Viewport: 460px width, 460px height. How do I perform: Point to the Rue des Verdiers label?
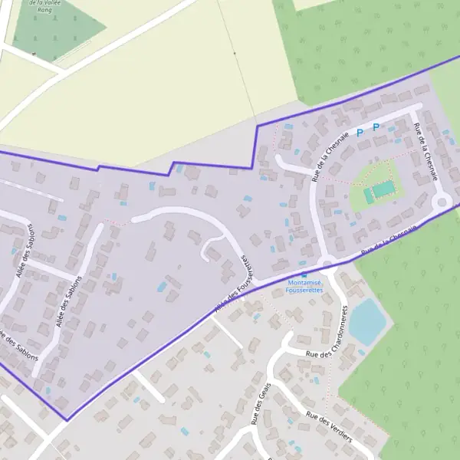(328, 427)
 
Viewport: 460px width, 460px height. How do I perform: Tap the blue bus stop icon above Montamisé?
(304, 275)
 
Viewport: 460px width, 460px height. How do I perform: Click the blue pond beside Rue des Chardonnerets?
(369, 321)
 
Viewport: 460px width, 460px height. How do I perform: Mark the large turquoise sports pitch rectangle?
(383, 188)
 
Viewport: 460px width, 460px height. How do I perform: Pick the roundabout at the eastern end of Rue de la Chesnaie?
(441, 202)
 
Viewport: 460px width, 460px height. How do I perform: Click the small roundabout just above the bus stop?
(327, 264)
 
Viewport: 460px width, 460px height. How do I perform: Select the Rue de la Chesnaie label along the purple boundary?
(390, 240)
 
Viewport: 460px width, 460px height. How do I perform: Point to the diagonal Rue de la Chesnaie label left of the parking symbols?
(330, 156)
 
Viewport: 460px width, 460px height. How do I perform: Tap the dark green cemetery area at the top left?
(58, 31)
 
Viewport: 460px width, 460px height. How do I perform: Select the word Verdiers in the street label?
(337, 432)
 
